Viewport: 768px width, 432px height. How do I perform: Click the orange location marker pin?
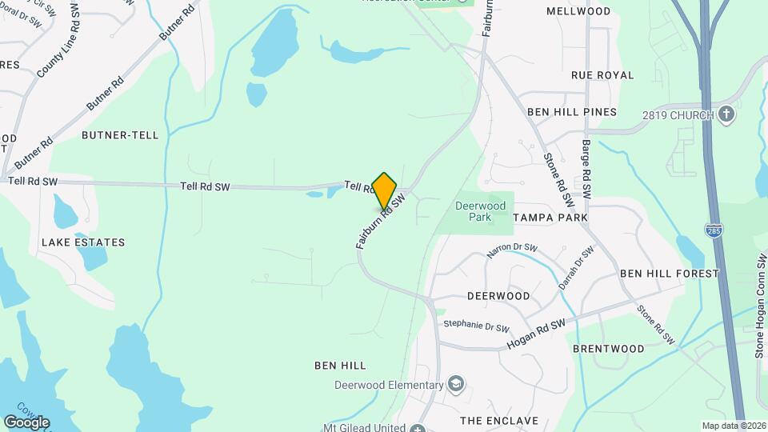(x=385, y=191)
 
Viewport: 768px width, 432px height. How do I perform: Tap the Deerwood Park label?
(x=480, y=211)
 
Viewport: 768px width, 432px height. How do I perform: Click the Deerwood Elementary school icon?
(x=456, y=385)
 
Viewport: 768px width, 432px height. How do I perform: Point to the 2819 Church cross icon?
(x=726, y=114)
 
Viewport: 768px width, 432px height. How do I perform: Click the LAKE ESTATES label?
(x=83, y=242)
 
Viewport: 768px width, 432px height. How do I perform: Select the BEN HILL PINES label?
(x=572, y=112)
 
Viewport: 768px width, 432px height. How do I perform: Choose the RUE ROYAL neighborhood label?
(x=602, y=75)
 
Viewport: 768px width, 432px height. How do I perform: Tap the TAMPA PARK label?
(x=550, y=218)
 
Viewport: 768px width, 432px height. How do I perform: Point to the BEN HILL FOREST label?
(x=670, y=274)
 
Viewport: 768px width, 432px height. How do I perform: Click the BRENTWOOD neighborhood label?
(x=609, y=349)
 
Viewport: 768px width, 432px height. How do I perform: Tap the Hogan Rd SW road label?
(x=536, y=334)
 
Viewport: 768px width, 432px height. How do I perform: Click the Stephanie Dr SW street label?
(x=477, y=327)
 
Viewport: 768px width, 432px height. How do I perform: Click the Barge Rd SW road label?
(x=586, y=170)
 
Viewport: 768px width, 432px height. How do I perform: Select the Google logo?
(x=26, y=422)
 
